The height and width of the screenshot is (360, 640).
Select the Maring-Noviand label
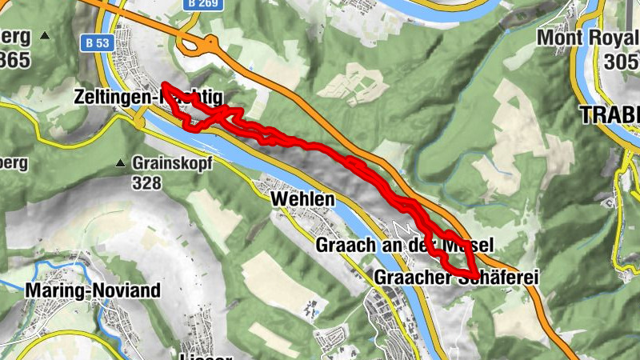click(93, 290)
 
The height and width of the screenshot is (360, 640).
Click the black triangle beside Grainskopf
click(120, 163)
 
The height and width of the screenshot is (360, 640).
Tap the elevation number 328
click(148, 183)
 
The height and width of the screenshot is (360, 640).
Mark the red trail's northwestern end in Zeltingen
click(164, 84)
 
